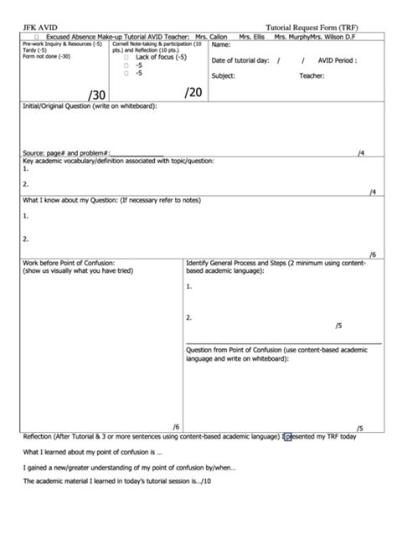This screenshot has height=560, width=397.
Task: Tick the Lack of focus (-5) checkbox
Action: [126, 58]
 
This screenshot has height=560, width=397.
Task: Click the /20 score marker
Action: [193, 91]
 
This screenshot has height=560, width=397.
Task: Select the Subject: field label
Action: [224, 75]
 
